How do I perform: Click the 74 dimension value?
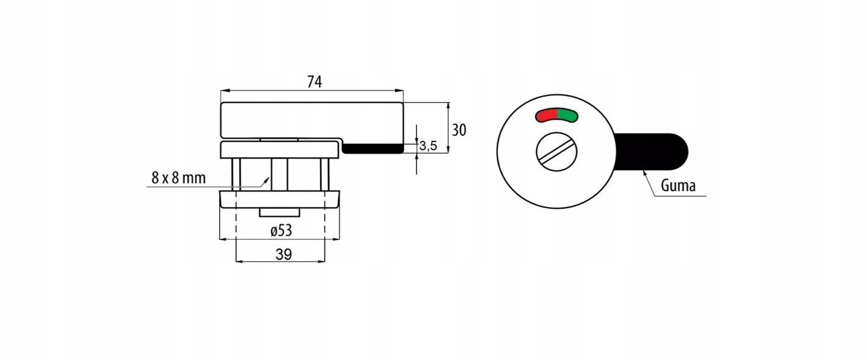(x=313, y=81)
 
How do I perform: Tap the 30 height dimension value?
(x=459, y=130)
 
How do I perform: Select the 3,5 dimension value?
(x=429, y=146)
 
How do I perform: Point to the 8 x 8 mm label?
(x=178, y=178)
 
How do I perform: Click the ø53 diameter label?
(x=280, y=231)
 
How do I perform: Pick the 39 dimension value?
(x=283, y=254)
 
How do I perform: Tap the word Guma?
(x=678, y=186)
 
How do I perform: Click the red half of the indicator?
(x=546, y=114)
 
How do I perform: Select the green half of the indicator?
(x=568, y=114)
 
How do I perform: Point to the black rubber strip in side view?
(x=372, y=148)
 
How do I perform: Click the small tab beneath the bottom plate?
(x=279, y=212)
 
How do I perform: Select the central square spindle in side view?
(x=279, y=174)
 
